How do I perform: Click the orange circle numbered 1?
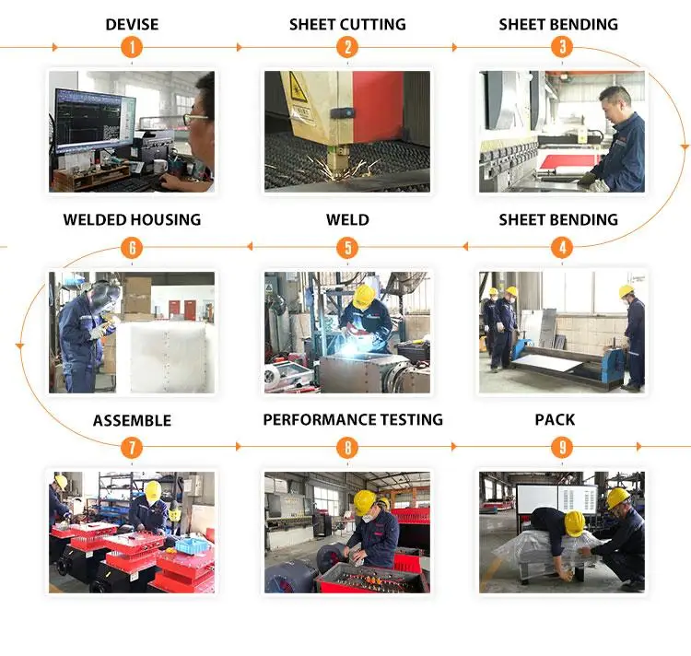(x=132, y=47)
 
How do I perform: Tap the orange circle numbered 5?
(x=347, y=248)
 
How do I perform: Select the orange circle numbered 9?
(x=562, y=448)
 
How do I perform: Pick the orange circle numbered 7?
(x=132, y=448)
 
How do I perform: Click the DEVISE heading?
(x=132, y=24)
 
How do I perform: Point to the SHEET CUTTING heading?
(x=347, y=24)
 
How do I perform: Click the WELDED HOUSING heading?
(x=132, y=219)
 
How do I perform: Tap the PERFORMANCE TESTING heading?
(x=353, y=419)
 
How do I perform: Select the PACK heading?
(x=555, y=419)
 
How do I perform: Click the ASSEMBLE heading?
(x=132, y=420)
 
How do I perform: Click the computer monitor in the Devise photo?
(x=94, y=121)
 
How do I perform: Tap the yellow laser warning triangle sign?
(x=298, y=88)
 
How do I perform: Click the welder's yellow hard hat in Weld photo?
(x=364, y=296)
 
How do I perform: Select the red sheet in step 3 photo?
(x=569, y=161)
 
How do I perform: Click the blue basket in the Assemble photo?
(x=192, y=545)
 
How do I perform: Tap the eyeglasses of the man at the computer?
(x=195, y=118)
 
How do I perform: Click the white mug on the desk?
(x=159, y=166)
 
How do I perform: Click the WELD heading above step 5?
(x=347, y=219)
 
